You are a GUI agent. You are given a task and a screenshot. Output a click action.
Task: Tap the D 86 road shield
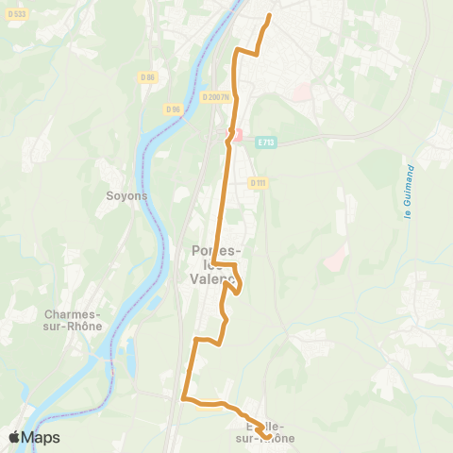pyautogui.click(x=147, y=77)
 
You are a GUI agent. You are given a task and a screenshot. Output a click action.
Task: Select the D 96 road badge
pyautogui.click(x=173, y=109)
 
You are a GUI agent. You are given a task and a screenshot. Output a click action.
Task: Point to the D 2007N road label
pyautogui.click(x=215, y=96)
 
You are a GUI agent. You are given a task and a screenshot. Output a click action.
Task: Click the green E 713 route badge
pyautogui.click(x=265, y=143)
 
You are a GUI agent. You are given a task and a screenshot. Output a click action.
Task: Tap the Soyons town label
pyautogui.click(x=126, y=195)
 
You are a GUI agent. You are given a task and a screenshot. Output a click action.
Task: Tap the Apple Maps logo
pyautogui.click(x=33, y=437)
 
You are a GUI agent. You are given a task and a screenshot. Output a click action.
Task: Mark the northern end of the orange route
pyautogui.click(x=270, y=16)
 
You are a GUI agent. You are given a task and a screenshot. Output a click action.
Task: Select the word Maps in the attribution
pyautogui.click(x=41, y=437)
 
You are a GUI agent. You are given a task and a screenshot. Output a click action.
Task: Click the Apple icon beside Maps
pyautogui.click(x=13, y=436)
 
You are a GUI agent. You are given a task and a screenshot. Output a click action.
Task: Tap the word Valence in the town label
pyautogui.click(x=213, y=279)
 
